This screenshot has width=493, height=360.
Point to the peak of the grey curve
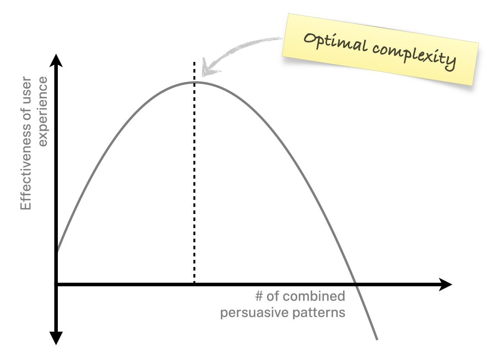click(x=195, y=82)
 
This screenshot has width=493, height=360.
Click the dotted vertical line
click(x=194, y=173)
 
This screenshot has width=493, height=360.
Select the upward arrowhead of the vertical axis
click(x=56, y=60)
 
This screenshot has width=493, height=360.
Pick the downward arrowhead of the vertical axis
click(x=56, y=339)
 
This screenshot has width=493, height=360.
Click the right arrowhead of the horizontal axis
click(x=445, y=285)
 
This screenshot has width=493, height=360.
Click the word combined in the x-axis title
click(x=314, y=296)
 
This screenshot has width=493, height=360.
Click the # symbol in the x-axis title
click(x=259, y=296)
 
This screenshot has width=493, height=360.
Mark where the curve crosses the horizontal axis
click(x=355, y=285)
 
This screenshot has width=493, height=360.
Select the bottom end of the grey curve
click(x=377, y=340)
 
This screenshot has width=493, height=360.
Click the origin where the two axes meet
click(x=56, y=285)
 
